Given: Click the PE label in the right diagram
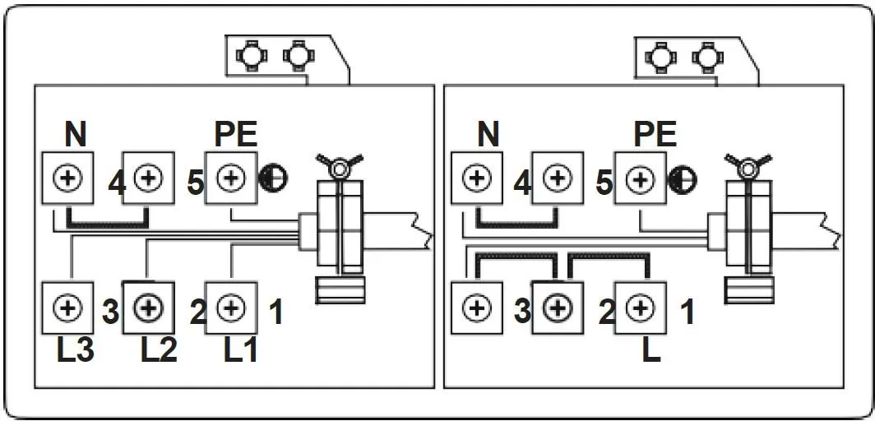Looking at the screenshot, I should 655,133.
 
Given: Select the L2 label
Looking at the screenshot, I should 159,351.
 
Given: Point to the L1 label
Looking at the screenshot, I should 241,351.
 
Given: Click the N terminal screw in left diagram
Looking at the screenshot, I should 68,178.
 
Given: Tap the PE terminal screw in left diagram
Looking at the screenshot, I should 231,178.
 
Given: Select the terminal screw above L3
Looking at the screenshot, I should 68,308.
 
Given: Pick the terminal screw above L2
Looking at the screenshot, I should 149,308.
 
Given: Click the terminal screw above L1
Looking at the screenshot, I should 231,308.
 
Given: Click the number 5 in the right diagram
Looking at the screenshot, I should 605,183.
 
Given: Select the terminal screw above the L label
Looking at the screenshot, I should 640,308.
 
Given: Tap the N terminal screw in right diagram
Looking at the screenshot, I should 477,178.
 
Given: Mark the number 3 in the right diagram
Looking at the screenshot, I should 521,312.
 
